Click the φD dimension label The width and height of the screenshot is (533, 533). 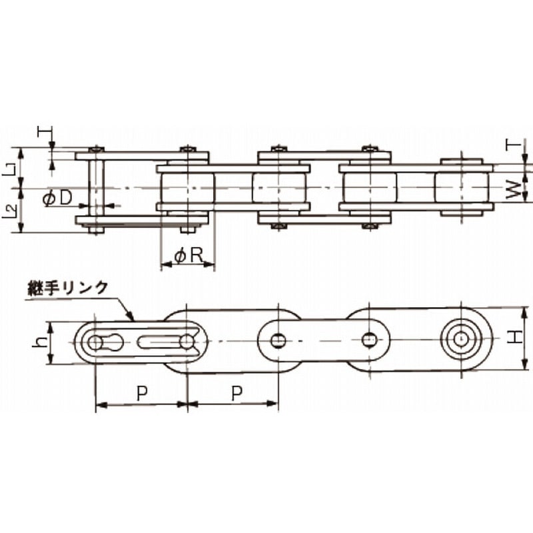[58, 199]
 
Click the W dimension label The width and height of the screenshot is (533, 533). [512, 192]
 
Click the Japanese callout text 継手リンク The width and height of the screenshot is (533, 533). [68, 288]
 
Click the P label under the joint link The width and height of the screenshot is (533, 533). [141, 393]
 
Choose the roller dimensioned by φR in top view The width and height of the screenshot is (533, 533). [188, 189]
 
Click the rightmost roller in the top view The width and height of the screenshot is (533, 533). [461, 188]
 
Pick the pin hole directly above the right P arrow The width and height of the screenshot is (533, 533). [278, 341]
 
